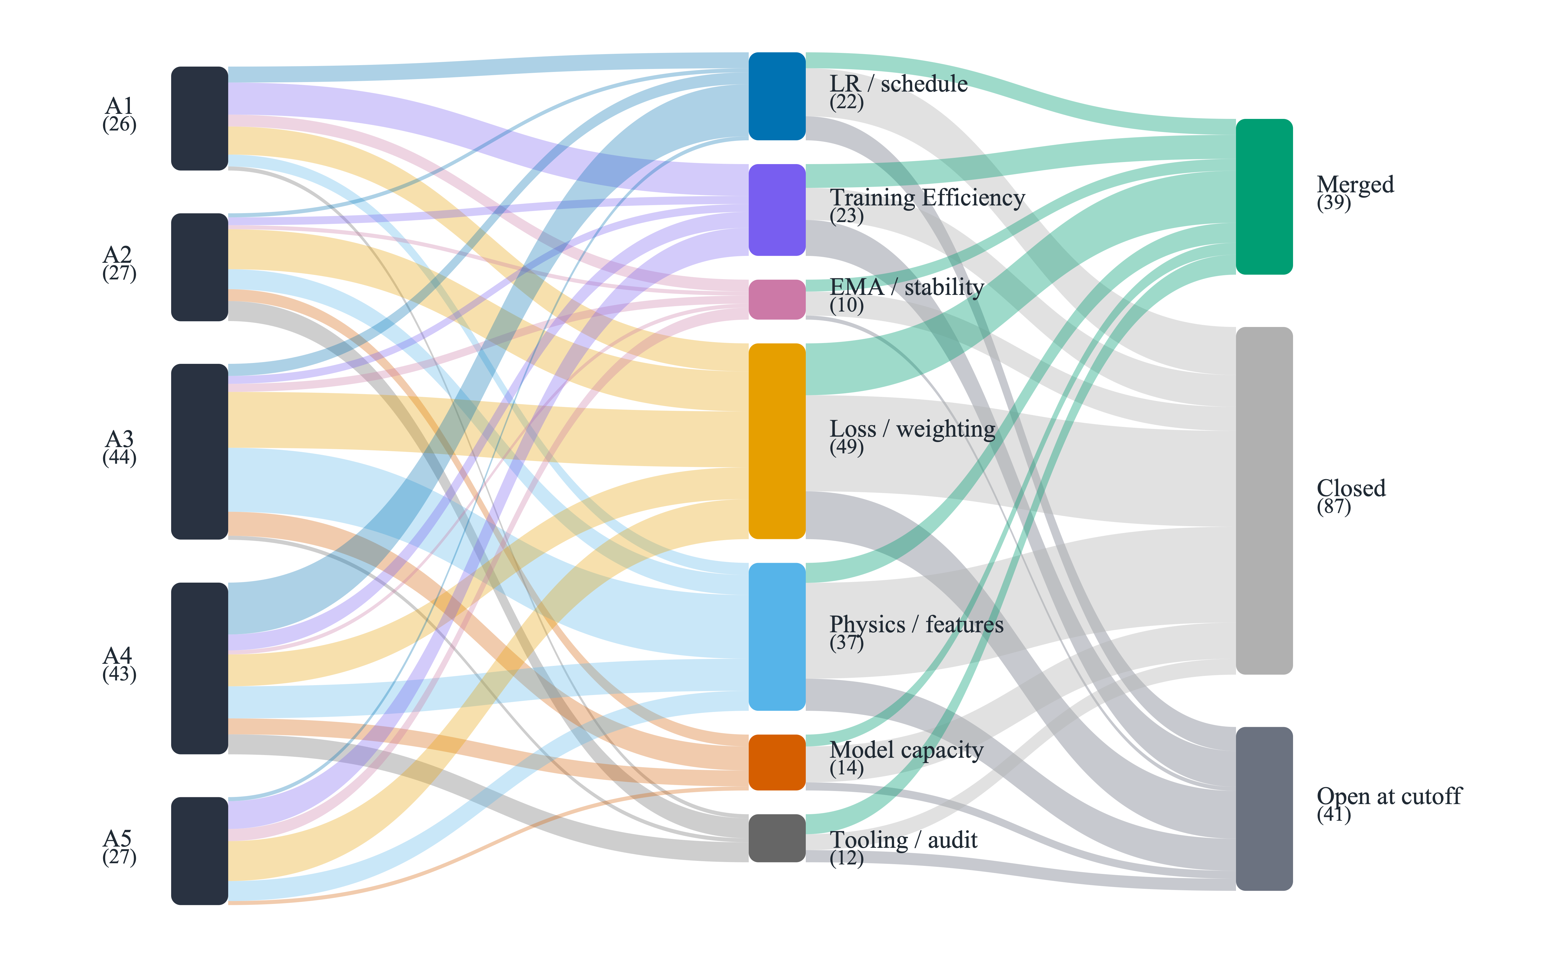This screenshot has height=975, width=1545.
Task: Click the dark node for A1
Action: pos(200,118)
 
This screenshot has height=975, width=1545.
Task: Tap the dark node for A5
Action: pos(200,851)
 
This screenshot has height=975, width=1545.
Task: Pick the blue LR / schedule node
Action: pos(777,96)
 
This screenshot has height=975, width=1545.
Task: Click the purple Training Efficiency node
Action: pos(777,210)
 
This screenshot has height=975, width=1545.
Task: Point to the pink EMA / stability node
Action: pos(777,299)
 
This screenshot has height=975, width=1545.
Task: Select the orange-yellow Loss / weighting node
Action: pos(777,441)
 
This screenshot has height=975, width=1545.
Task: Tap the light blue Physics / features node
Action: pos(777,637)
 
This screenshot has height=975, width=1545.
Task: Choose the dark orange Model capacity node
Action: pos(777,762)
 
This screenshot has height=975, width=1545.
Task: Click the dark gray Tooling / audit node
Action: pos(777,838)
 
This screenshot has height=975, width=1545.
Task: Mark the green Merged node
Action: pos(1264,196)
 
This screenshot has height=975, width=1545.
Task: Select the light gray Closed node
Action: pos(1264,501)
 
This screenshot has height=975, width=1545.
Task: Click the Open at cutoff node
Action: pos(1264,809)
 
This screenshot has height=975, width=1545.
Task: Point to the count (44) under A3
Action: pos(119,458)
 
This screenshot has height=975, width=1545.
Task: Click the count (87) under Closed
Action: pos(1334,507)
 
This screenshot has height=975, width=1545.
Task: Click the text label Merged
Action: pos(1355,184)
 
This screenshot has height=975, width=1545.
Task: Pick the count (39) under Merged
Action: pos(1334,204)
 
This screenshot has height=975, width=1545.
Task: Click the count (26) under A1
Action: pos(119,125)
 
